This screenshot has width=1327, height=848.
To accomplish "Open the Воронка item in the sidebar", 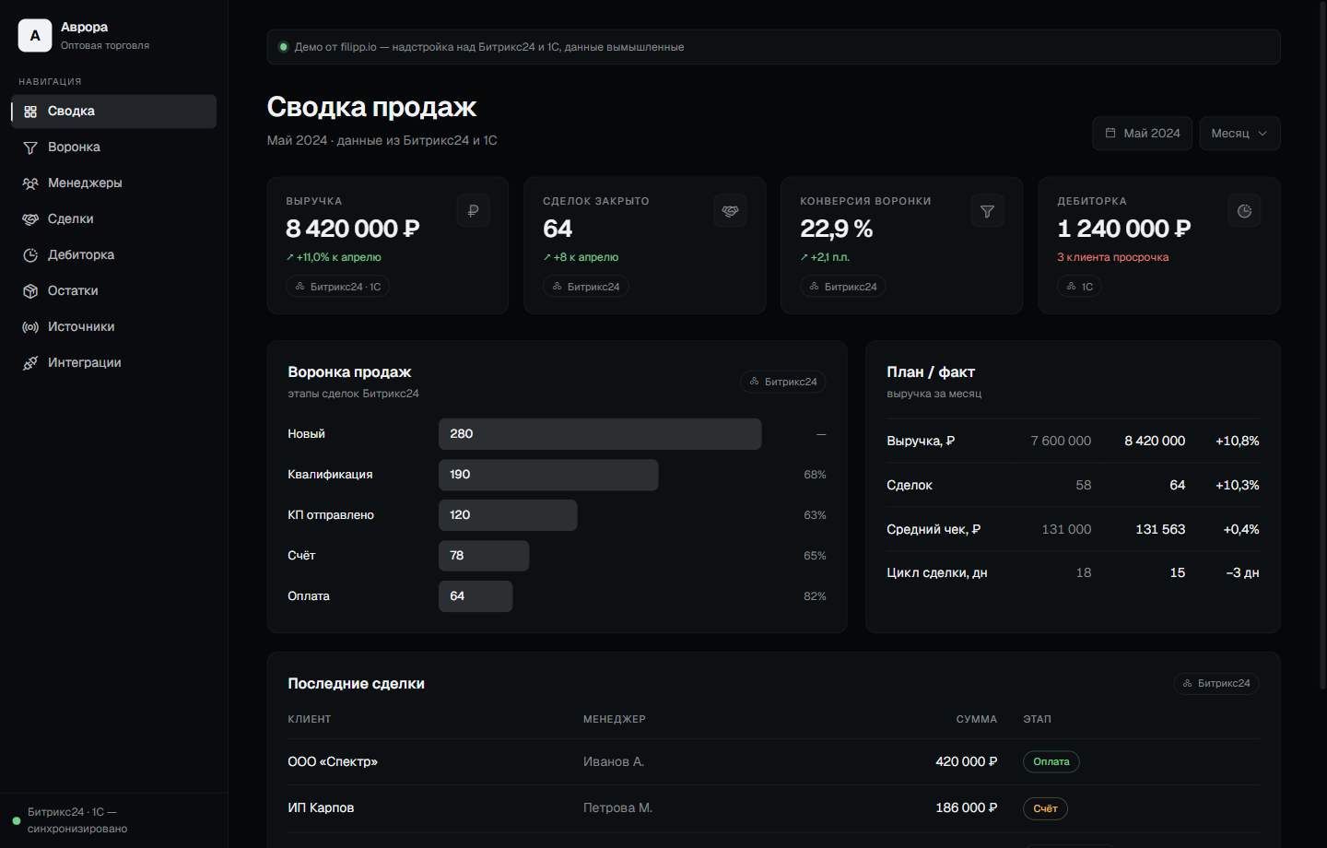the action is click(74, 147).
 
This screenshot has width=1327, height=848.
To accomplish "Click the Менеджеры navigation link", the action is click(85, 183).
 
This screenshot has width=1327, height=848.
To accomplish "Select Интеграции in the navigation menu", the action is click(84, 362).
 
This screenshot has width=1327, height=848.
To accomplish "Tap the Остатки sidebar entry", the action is click(73, 291).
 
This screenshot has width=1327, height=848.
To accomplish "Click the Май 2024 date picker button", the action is click(1142, 134).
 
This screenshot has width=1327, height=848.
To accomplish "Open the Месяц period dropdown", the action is click(1239, 134).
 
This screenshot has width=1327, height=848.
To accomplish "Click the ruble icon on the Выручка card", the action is click(473, 210).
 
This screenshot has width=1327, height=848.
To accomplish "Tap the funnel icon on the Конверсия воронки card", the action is click(987, 210).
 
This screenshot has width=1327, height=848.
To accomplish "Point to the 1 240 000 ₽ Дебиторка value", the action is click(1124, 229).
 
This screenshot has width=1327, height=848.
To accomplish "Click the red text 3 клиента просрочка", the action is click(1112, 257).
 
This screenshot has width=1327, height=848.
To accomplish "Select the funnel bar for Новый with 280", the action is click(600, 434).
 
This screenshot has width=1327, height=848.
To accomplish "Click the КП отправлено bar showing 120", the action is click(508, 515).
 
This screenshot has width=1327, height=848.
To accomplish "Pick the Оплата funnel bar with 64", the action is click(476, 596).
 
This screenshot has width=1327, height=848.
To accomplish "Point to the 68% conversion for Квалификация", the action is click(815, 475).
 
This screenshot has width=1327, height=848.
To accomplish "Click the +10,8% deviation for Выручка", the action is click(1237, 441).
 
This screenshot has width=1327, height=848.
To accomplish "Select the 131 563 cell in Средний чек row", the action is click(1160, 529).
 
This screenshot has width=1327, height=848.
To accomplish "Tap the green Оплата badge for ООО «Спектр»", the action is click(1051, 761).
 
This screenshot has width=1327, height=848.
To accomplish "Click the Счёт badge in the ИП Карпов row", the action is click(1045, 808).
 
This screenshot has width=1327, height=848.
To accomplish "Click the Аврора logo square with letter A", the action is click(35, 36).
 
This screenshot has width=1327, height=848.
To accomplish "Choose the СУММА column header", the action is click(976, 719).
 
